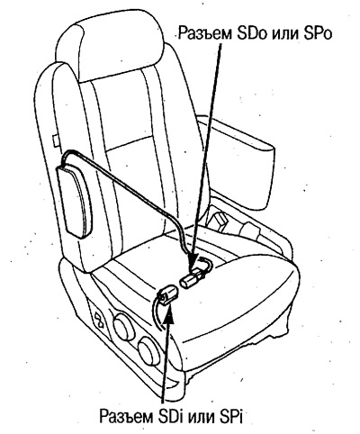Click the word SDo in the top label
point(251,33)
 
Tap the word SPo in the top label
point(318,33)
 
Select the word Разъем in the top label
point(205,33)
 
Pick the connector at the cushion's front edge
point(166,294)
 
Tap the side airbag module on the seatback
point(76,202)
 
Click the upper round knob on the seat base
point(124,328)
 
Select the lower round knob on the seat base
point(149,352)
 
